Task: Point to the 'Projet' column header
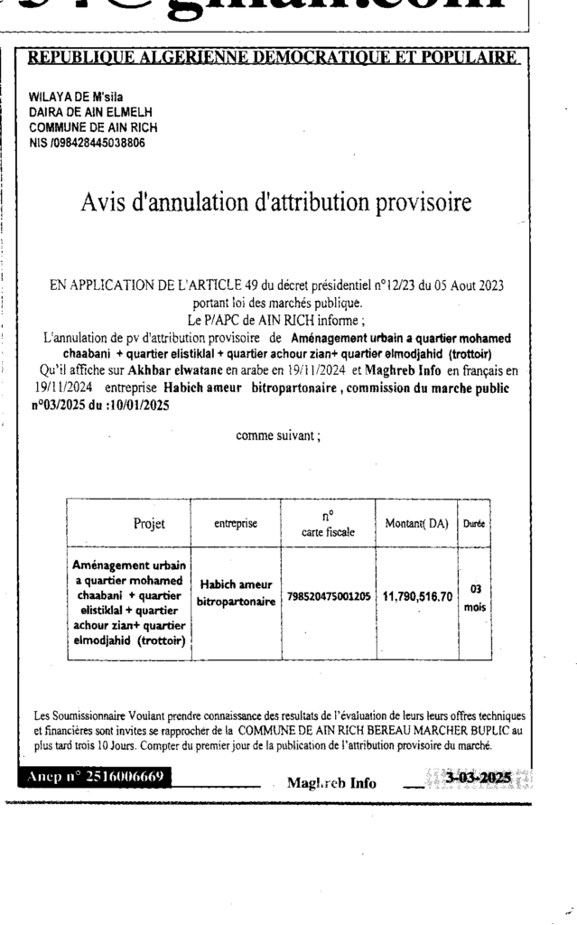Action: [x=149, y=523]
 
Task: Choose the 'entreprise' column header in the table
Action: [x=236, y=523]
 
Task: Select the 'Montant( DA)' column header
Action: [x=417, y=523]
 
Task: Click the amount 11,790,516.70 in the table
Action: [x=417, y=597]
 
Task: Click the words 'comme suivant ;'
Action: [x=277, y=436]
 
